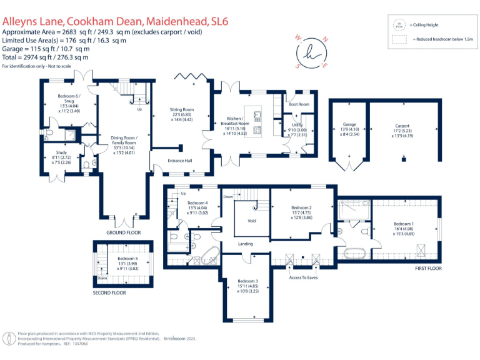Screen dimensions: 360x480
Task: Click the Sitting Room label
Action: pyautogui.click(x=183, y=110)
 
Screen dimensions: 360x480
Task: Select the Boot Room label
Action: pyautogui.click(x=299, y=104)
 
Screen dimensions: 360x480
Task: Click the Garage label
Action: pyautogui.click(x=349, y=124)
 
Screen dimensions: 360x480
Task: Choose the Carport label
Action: pyautogui.click(x=402, y=125)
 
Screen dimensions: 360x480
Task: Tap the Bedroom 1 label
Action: pyautogui.click(x=404, y=224)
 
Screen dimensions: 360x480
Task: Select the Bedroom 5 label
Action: pyautogui.click(x=127, y=258)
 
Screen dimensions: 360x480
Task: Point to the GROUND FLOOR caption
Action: pyautogui.click(x=123, y=232)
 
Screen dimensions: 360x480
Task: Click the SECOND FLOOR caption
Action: pyautogui.click(x=109, y=292)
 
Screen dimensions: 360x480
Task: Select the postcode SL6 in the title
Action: pyautogui.click(x=218, y=21)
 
